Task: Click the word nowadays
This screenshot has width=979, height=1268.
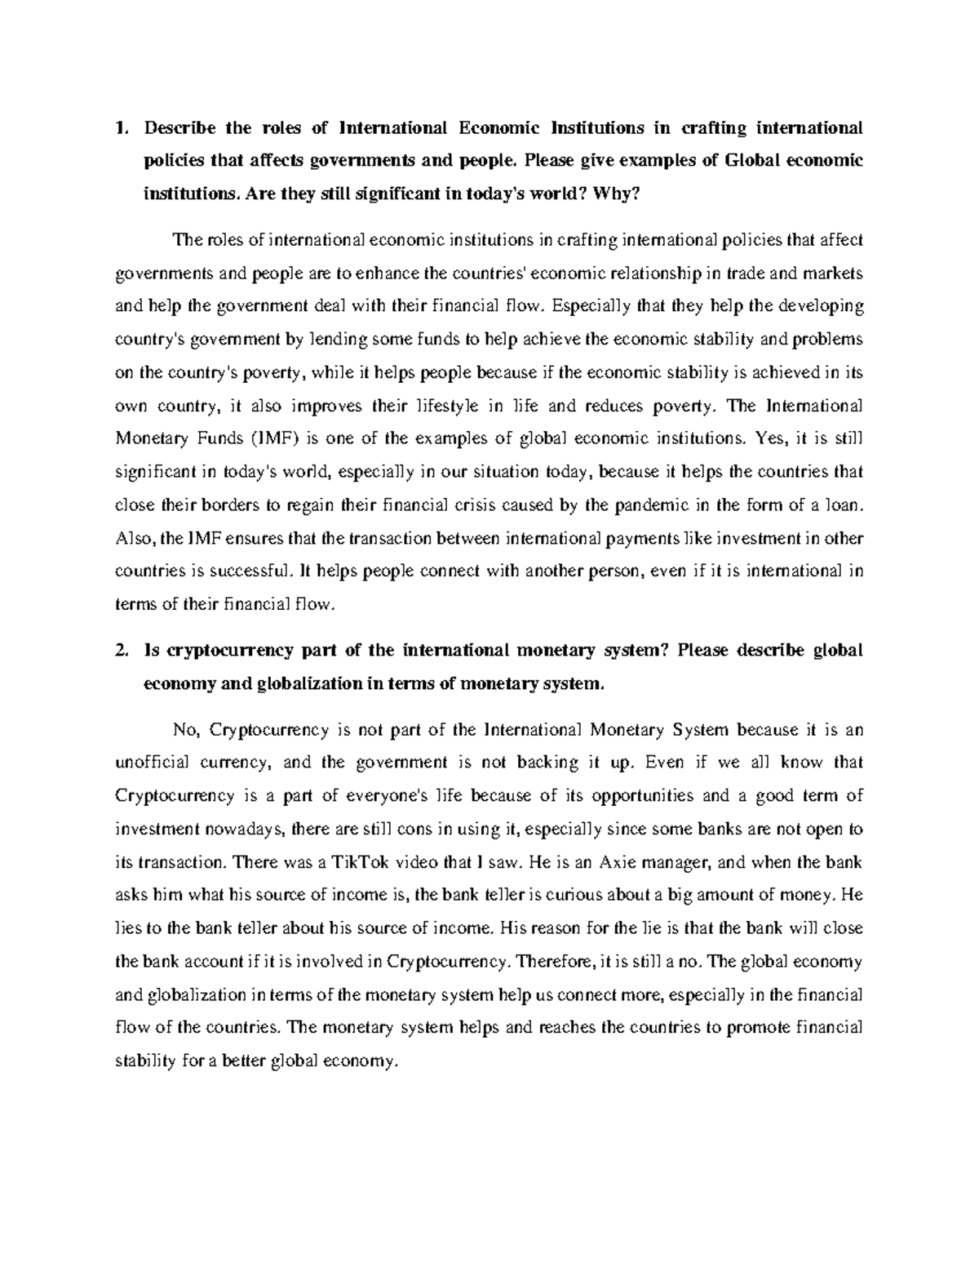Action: pos(241,829)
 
